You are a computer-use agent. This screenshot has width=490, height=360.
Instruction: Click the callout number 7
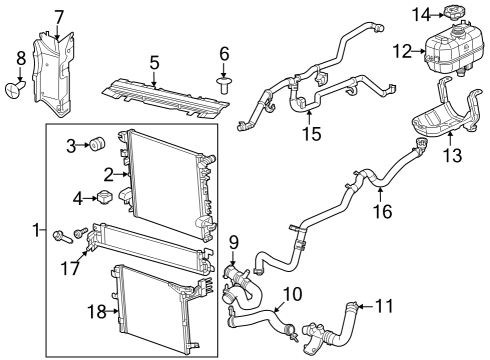(59, 16)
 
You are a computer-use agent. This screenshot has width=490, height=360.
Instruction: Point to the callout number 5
(154, 63)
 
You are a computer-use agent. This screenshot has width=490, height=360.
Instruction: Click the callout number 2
(107, 174)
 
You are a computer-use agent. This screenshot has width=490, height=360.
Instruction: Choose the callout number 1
(37, 231)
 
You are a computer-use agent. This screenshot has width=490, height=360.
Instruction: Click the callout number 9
(233, 241)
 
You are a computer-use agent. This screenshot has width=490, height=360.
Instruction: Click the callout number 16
(384, 211)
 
